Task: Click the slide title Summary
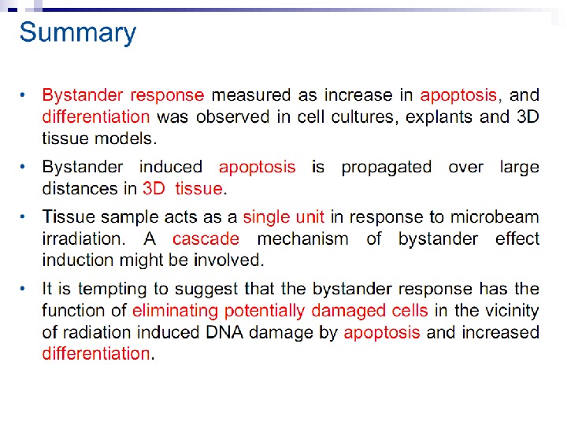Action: click(x=77, y=33)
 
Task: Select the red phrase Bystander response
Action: click(x=123, y=95)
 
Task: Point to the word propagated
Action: click(x=386, y=167)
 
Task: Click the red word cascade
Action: click(x=206, y=238)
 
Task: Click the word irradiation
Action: click(x=82, y=238)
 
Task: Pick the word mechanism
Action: click(x=302, y=238)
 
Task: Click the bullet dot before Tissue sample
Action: click(x=24, y=215)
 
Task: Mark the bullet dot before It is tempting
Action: click(x=24, y=288)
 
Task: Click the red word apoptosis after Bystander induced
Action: click(x=258, y=167)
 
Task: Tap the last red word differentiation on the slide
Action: click(x=95, y=353)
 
